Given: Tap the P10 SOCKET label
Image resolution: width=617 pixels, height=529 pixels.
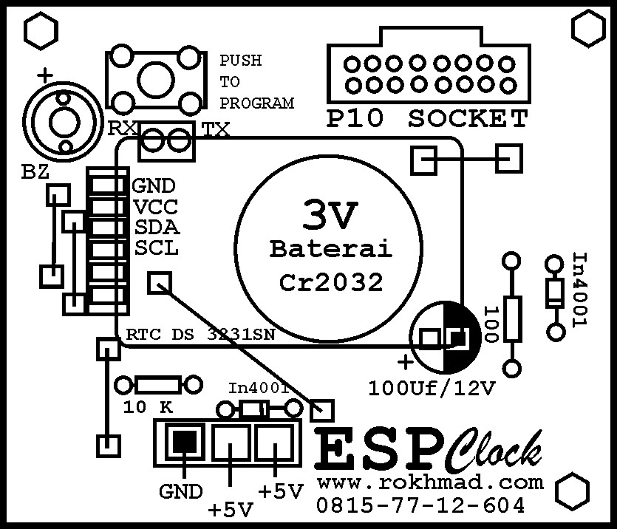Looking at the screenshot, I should [428, 118].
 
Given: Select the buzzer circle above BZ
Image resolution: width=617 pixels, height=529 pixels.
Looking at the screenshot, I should [58, 117].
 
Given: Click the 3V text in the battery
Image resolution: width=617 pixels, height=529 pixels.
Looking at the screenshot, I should [330, 215].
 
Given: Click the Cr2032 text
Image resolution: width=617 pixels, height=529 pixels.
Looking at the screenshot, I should [330, 281].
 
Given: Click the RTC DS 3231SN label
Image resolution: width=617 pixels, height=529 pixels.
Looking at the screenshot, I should [201, 335].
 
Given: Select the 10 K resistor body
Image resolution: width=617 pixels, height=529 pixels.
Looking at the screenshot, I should [158, 384].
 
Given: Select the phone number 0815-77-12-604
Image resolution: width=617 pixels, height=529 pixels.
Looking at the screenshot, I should [420, 506].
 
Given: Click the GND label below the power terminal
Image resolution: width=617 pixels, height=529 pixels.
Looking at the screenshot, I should [180, 491].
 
